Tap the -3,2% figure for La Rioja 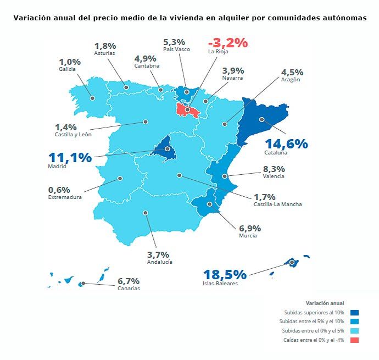[x=227, y=42]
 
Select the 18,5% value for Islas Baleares [x=225, y=274]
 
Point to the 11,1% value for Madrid [x=70, y=158]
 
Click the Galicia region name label [x=67, y=69]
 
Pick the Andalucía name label [x=160, y=262]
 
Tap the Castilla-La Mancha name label [x=277, y=204]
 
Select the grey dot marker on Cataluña [x=262, y=119]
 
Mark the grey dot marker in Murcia [x=209, y=204]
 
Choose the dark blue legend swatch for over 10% [x=354, y=312]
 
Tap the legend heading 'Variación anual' [x=324, y=303]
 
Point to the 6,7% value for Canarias [x=129, y=281]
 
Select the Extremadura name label [x=64, y=197]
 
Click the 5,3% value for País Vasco [x=174, y=42]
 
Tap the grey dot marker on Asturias [x=126, y=87]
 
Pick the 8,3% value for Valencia [x=274, y=169]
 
